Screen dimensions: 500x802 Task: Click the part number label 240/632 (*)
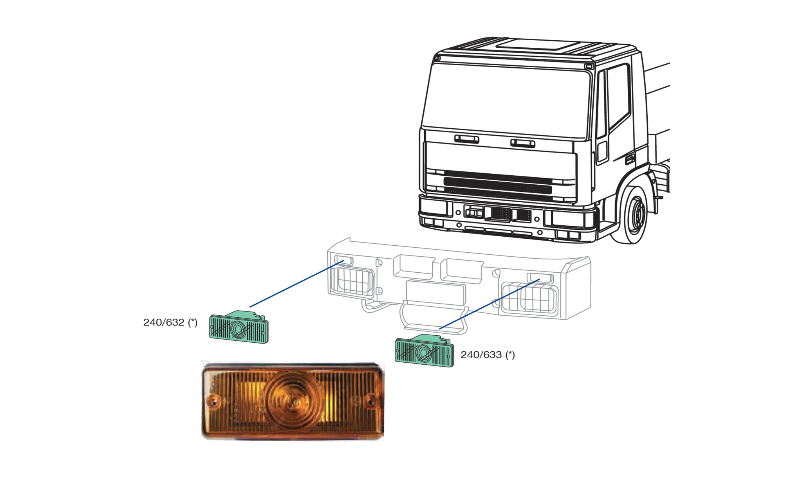click(x=170, y=322)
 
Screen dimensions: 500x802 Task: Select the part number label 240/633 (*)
click(x=488, y=355)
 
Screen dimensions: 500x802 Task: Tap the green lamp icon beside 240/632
click(x=239, y=328)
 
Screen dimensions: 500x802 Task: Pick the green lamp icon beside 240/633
click(x=424, y=351)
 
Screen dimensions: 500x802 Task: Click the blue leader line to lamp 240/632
click(x=297, y=284)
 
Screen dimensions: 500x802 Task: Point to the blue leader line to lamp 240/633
click(x=490, y=304)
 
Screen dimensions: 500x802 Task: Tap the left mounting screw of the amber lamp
click(x=214, y=401)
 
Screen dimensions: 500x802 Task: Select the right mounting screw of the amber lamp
click(x=370, y=401)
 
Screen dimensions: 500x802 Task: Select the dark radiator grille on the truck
click(x=497, y=183)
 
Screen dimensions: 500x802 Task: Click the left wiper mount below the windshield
click(x=466, y=139)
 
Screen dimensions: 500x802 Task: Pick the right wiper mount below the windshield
click(x=523, y=143)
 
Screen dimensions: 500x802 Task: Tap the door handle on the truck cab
click(x=630, y=159)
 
